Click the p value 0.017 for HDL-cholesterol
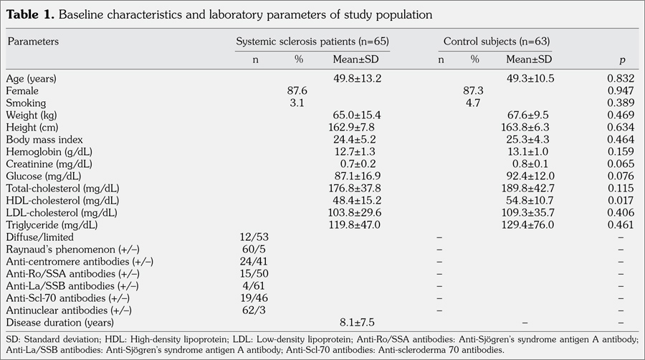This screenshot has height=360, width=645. pos(621,200)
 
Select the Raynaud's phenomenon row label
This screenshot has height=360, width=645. pos(59,249)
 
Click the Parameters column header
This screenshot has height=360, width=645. pos(33,42)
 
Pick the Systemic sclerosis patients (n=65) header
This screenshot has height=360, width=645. pos(312,42)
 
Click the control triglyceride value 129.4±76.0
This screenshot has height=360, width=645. pos(531,224)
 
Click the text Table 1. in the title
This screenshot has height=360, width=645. pos(29,14)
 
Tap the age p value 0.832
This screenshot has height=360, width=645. pos(621,78)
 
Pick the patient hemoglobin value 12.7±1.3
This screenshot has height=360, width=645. pos(358,151)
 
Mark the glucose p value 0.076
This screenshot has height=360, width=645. pos(621,176)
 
